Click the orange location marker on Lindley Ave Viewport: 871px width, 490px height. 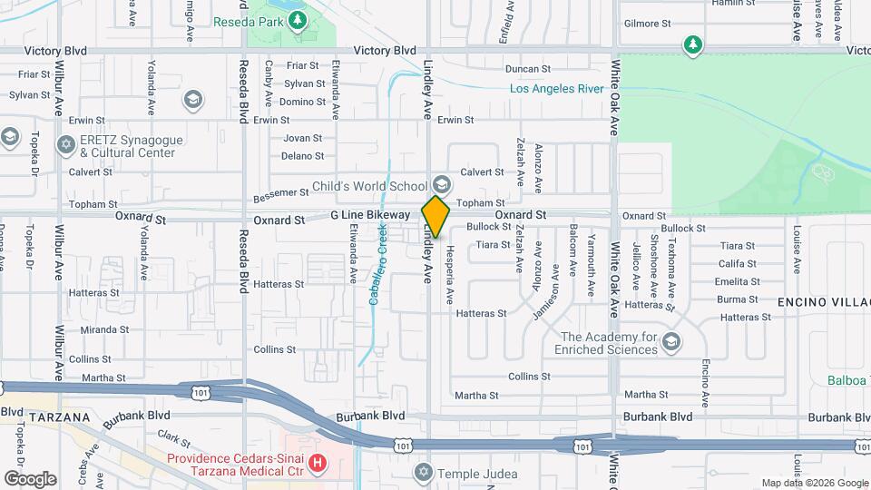coord(436,217)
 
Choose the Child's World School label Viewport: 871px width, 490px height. coord(368,186)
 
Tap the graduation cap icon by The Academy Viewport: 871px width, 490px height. coord(670,342)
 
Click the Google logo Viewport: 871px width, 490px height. coord(30,479)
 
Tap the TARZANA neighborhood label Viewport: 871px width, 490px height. coord(59,417)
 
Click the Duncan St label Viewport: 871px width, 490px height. coord(528,69)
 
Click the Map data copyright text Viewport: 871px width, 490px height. coord(813,483)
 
